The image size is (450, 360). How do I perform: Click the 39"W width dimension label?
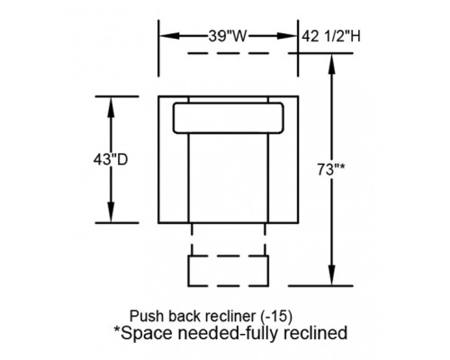(228, 36)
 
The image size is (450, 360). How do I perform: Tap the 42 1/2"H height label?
(331, 36)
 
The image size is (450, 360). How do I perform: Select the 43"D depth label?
(111, 159)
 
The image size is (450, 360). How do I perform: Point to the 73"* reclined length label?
(331, 170)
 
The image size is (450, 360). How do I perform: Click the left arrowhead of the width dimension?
(169, 36)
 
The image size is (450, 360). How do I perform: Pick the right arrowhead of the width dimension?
(287, 36)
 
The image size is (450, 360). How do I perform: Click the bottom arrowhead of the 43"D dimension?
(111, 212)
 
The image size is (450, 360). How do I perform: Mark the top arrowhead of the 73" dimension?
(331, 64)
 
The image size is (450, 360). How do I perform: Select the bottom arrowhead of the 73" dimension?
(331, 275)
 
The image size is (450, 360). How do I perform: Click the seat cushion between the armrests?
(229, 178)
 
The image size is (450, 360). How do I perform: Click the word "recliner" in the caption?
(229, 316)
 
